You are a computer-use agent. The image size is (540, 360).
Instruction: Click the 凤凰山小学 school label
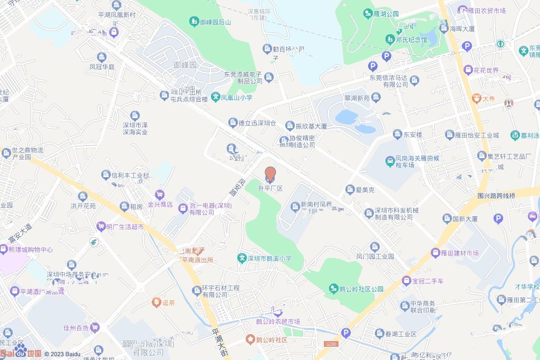[x=232, y=97]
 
